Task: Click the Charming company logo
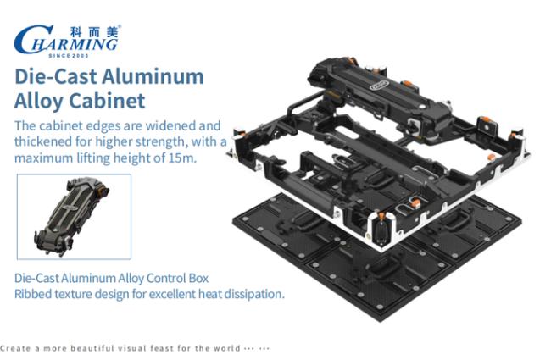click(67, 41)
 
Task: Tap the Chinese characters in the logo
click(94, 32)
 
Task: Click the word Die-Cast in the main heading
click(55, 76)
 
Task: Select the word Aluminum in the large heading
click(153, 76)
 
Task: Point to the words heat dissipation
click(241, 294)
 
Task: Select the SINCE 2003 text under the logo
click(69, 55)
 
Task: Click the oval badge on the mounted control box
click(380, 85)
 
